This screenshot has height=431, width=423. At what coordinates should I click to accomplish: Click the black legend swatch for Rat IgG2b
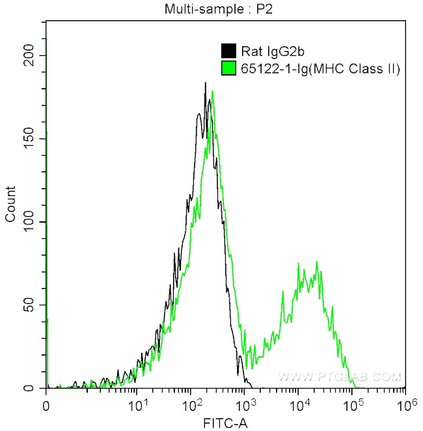[228, 51]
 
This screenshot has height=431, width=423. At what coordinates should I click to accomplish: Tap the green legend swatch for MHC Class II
[228, 68]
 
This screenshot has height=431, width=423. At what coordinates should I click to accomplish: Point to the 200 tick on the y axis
[28, 55]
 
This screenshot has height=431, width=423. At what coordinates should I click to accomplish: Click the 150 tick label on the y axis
[28, 139]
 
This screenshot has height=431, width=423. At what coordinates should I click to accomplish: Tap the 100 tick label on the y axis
[28, 222]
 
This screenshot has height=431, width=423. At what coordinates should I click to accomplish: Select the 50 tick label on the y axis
[31, 305]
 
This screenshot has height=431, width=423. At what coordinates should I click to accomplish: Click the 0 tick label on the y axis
[34, 389]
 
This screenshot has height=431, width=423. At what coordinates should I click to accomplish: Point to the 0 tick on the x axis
[46, 405]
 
